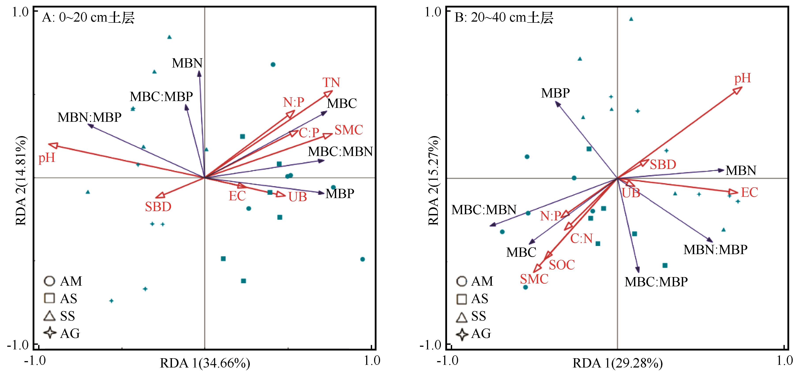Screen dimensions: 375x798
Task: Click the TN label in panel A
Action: coord(331,83)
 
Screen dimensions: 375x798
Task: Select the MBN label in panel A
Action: coord(187,63)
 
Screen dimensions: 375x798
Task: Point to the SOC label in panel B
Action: coord(562,265)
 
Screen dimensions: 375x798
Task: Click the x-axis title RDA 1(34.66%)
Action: coord(205,363)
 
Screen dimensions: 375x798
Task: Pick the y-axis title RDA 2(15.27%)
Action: coord(434,181)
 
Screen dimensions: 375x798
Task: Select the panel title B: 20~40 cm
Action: coord(504,18)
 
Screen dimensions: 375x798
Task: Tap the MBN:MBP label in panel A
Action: coord(89,117)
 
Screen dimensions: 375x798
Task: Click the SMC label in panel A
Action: coord(349,130)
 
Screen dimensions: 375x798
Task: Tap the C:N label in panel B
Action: coord(582,239)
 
